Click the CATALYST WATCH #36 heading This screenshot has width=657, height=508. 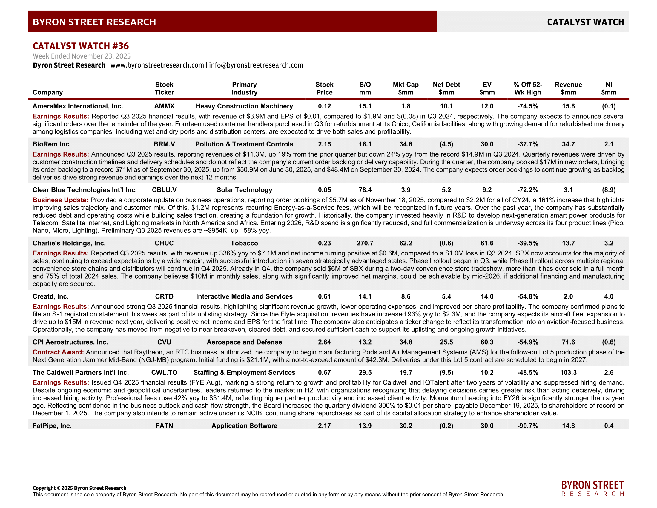pos(81,46)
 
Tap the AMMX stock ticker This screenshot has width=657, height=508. pos(164,106)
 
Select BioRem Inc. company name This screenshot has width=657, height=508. pos(52,144)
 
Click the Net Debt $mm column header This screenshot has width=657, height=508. pos(446,88)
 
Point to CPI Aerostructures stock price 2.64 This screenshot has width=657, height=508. pos(324,342)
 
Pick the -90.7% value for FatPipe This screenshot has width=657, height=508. pos(527,426)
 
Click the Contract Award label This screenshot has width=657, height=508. pos(58,352)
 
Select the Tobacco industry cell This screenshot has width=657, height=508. pos(244,243)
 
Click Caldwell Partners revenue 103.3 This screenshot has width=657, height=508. pos(568,373)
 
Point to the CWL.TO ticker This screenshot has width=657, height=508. pos(164,373)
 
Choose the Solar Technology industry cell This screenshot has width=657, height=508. pos(244,190)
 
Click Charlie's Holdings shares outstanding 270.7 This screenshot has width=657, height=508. pos(365,243)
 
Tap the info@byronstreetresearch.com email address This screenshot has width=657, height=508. pos(256,65)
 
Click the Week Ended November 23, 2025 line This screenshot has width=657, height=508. pos(82,56)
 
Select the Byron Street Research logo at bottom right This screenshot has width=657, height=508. pos(592,489)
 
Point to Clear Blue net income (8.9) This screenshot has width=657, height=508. pos(609,190)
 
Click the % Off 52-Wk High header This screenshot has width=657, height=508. pos(527,88)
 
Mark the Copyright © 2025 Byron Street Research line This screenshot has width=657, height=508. pos(79,488)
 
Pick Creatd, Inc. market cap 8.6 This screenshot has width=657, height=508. pos(406,296)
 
